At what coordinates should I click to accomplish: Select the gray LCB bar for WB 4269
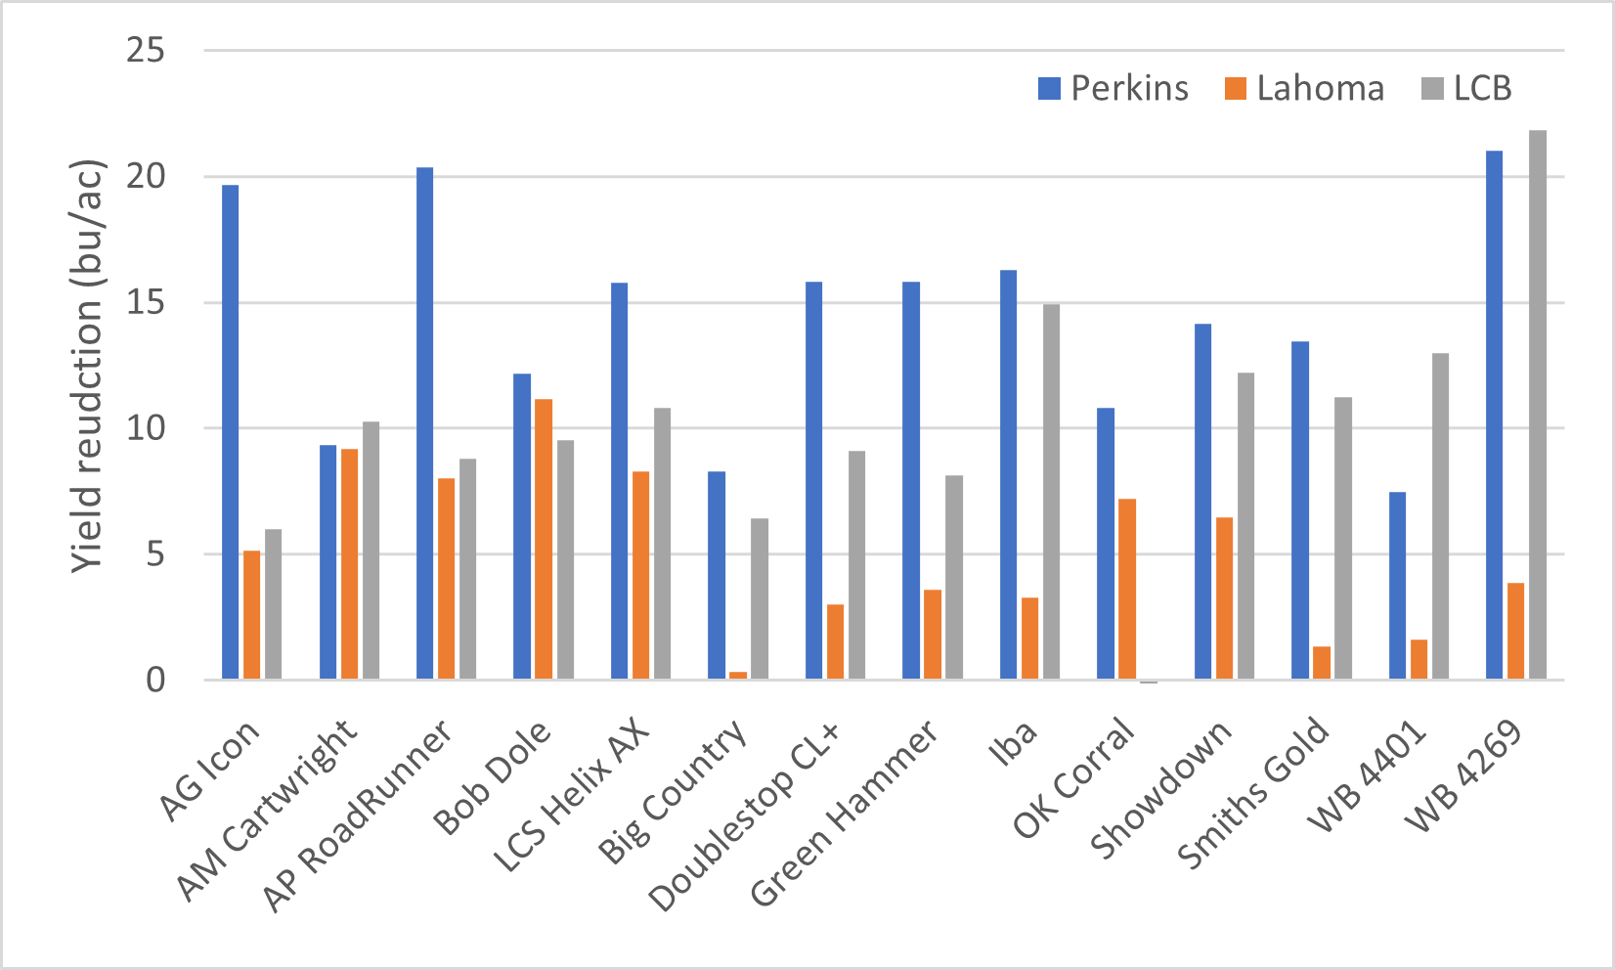[1538, 405]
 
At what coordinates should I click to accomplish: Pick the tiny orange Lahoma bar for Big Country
[738, 675]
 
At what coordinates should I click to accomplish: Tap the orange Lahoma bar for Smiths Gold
[1322, 663]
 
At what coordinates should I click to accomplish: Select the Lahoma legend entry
[1304, 89]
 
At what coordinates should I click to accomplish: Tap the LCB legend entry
[1465, 89]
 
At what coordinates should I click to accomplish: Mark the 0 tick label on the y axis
[156, 681]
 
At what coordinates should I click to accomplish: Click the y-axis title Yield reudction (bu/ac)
[88, 366]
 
